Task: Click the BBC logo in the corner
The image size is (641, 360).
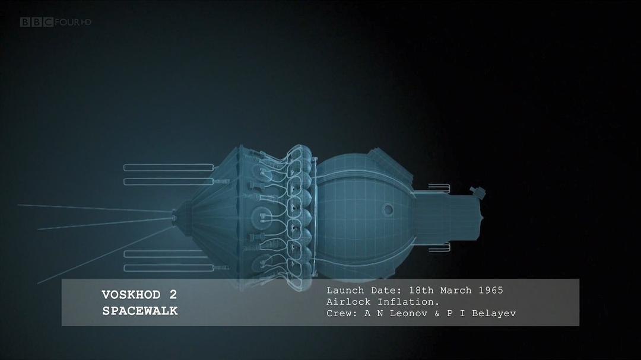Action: coord(37,22)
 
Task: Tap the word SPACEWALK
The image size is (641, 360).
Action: coord(139,311)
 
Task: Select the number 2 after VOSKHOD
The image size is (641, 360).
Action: coord(173,295)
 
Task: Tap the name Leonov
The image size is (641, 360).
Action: coord(409,313)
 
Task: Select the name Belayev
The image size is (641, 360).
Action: coord(494,313)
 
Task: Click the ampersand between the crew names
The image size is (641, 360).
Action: coord(437,313)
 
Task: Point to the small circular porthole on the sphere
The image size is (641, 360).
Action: coord(388,209)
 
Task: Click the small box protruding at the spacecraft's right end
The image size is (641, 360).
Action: coord(478,192)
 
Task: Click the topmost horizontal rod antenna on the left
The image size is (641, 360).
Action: coord(169,167)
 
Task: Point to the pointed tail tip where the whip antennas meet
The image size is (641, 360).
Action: coord(174,217)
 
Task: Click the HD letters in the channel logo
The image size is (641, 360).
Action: coord(85,22)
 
